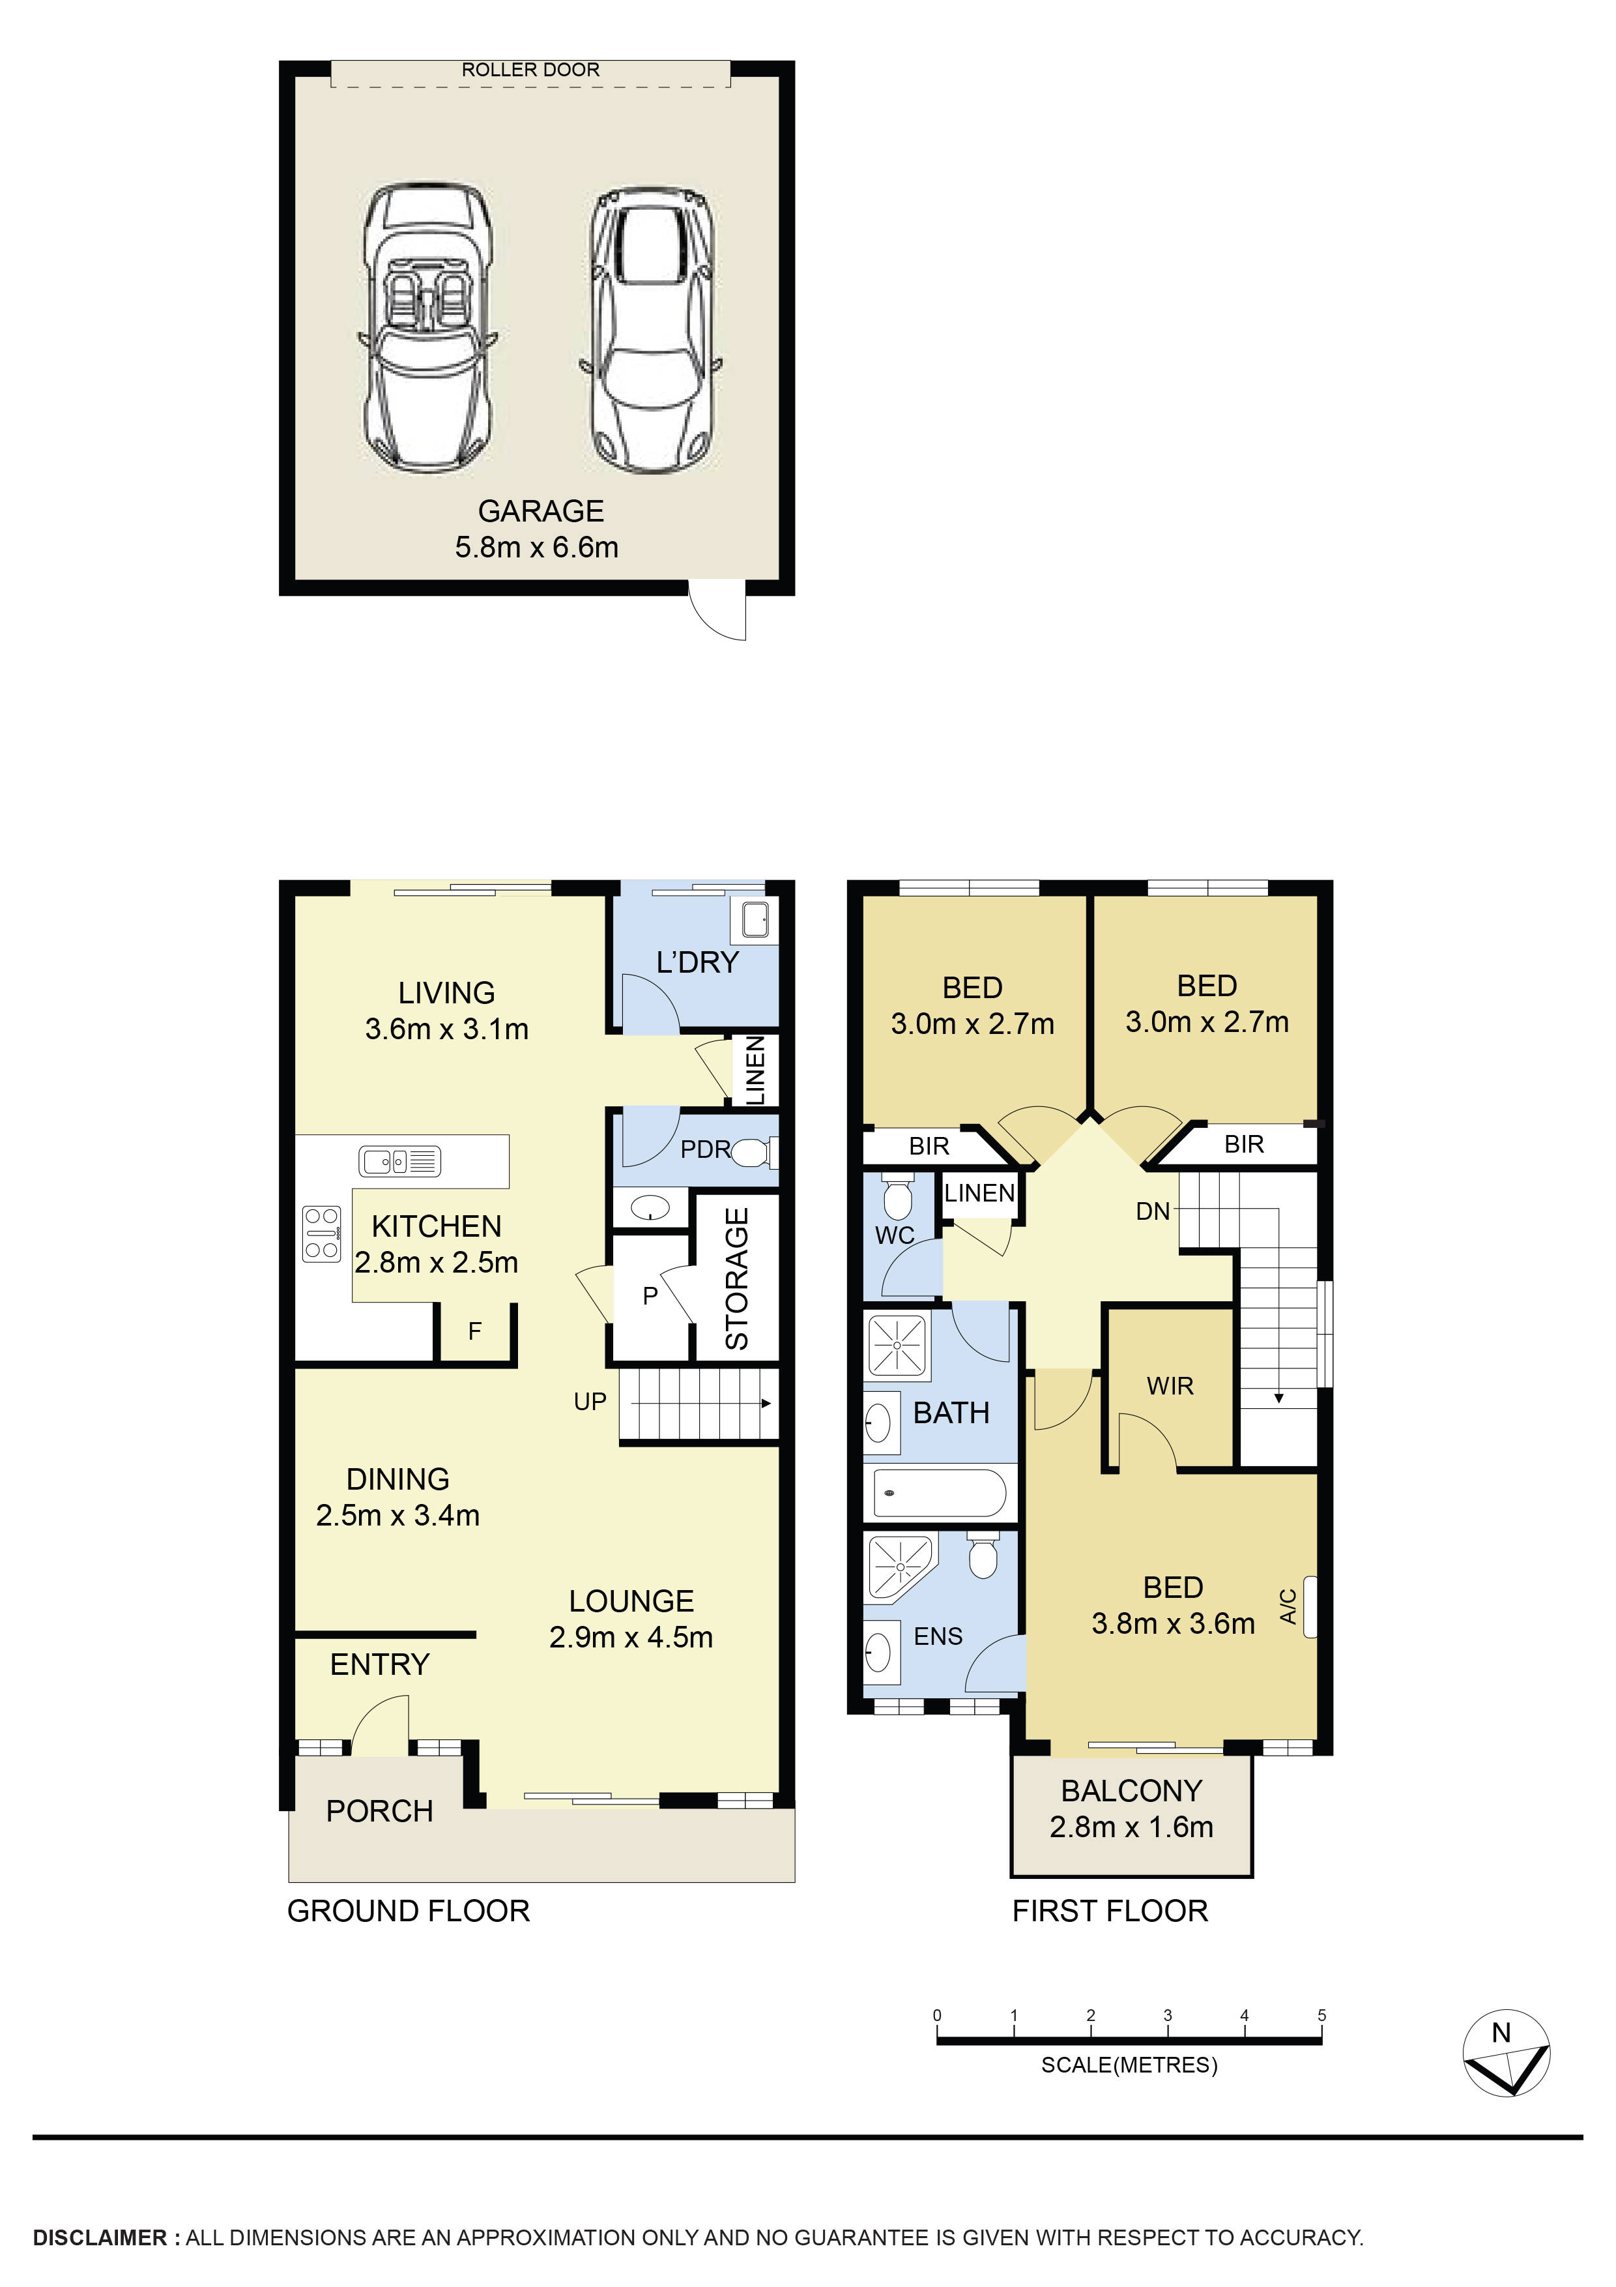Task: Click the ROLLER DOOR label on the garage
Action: point(530,70)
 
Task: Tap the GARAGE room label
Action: point(541,511)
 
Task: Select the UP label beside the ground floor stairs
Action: point(590,1402)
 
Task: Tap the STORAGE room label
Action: point(737,1279)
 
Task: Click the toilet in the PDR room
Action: point(755,1153)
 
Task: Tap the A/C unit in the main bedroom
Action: point(1309,1606)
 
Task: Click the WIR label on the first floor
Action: point(1169,1385)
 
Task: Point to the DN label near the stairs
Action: point(1152,1211)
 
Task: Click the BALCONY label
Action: point(1131,1791)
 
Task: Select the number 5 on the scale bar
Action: point(1321,2015)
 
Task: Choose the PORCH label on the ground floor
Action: point(379,1811)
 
